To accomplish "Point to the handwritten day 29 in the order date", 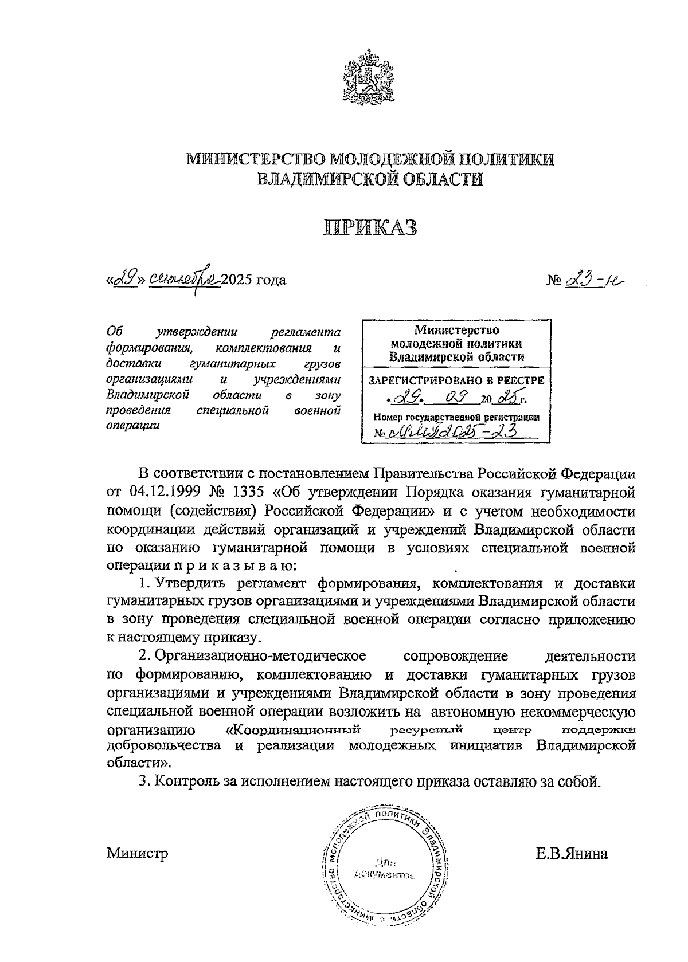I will click(123, 281).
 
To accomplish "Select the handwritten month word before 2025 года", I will click(183, 281).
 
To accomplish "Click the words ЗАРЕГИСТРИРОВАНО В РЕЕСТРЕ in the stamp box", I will click(456, 380).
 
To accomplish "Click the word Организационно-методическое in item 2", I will click(260, 655).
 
